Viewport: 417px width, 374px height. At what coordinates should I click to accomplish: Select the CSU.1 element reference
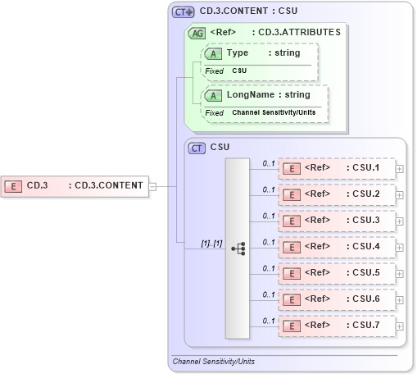[x=336, y=168]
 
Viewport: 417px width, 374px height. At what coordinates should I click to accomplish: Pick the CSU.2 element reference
[x=336, y=194]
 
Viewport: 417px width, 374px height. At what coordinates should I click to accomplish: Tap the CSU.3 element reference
[x=336, y=221]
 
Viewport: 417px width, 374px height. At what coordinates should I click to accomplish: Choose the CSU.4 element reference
[x=336, y=247]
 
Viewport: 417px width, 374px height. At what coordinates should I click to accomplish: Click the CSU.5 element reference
[x=336, y=273]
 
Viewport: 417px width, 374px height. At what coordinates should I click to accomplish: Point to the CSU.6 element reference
[x=336, y=299]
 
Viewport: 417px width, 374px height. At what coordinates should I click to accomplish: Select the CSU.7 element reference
[x=336, y=326]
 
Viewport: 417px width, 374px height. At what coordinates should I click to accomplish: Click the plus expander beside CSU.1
[x=400, y=168]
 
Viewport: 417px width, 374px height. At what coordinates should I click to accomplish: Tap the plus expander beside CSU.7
[x=400, y=326]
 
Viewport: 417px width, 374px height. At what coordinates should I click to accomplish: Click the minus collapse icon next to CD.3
[x=152, y=186]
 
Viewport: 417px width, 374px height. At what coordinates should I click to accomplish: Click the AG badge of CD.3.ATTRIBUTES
[x=197, y=34]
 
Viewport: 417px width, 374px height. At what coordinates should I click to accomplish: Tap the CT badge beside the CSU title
[x=197, y=148]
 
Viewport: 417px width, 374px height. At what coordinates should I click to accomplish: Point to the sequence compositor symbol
[x=238, y=247]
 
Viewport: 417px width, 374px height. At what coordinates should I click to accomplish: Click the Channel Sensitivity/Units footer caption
[x=213, y=361]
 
